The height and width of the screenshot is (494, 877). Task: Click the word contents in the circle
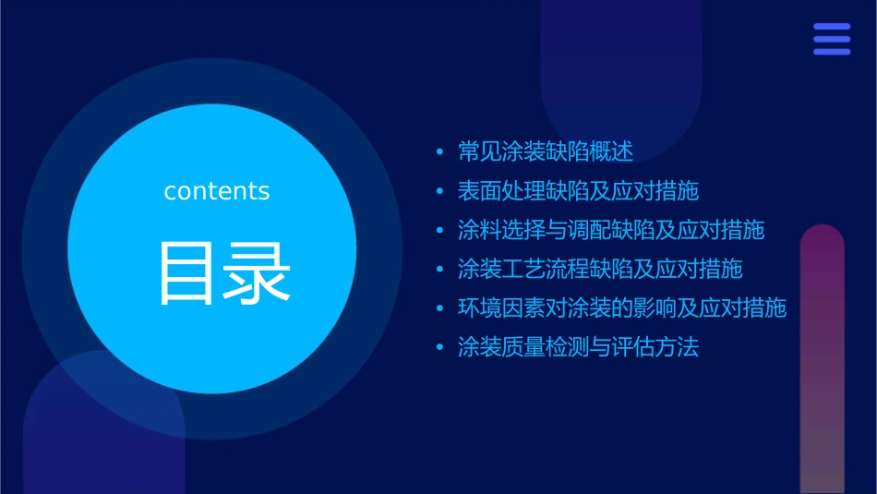pos(217,191)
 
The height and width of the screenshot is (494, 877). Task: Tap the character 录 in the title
pos(256,273)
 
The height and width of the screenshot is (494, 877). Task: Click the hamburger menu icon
pos(832,39)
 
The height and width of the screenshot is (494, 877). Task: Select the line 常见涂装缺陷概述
pos(545,151)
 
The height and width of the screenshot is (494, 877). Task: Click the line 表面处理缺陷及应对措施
pos(578,191)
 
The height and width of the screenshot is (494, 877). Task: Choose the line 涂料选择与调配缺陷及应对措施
pos(611,230)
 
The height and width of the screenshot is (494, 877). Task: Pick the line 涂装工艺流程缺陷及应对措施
pos(600,270)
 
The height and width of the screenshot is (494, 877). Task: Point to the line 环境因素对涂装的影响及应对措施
pos(622,308)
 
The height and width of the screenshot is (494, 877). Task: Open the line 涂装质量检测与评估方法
pos(578,347)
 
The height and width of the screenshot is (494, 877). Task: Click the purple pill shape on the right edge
pos(822,360)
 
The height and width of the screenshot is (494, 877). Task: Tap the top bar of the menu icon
pos(832,27)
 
